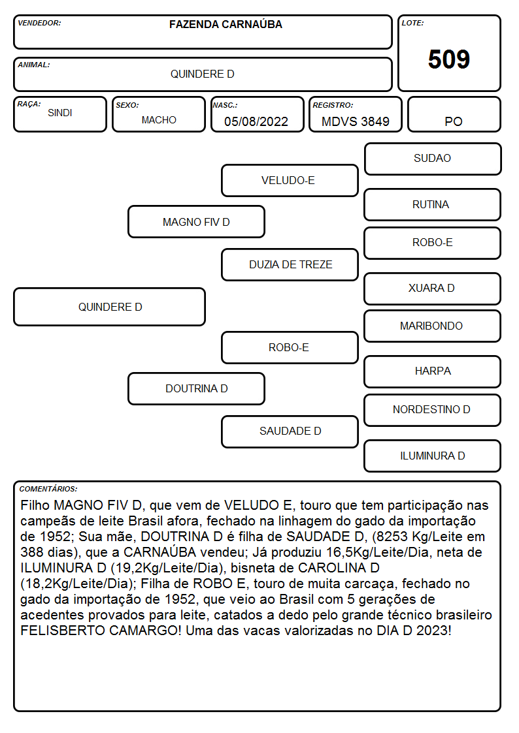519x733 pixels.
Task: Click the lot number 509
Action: pyautogui.click(x=449, y=59)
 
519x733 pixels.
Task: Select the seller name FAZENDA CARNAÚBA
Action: pyautogui.click(x=226, y=24)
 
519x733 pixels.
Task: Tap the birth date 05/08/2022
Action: pyautogui.click(x=256, y=121)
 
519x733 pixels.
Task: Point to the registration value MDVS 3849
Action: pyautogui.click(x=355, y=121)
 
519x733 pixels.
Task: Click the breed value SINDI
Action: pyautogui.click(x=60, y=113)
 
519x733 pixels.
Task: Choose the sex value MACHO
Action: pyautogui.click(x=159, y=120)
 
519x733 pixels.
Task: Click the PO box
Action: pyautogui.click(x=454, y=114)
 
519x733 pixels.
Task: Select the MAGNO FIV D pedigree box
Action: pyautogui.click(x=197, y=221)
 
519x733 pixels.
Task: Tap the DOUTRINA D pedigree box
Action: pyautogui.click(x=197, y=388)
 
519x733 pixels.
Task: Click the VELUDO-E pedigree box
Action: pyautogui.click(x=290, y=180)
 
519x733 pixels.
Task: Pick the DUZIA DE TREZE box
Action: pyautogui.click(x=290, y=264)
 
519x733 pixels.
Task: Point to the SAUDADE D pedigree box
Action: pyautogui.click(x=290, y=431)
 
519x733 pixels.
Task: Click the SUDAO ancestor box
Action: pyautogui.click(x=433, y=159)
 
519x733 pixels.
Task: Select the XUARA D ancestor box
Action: pyautogui.click(x=433, y=289)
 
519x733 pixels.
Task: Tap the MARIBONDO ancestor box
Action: pyautogui.click(x=433, y=326)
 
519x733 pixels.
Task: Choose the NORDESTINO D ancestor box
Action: pyautogui.click(x=433, y=410)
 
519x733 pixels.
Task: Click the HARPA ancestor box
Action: pyautogui.click(x=433, y=371)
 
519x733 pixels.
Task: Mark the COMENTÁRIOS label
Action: pyautogui.click(x=48, y=489)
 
